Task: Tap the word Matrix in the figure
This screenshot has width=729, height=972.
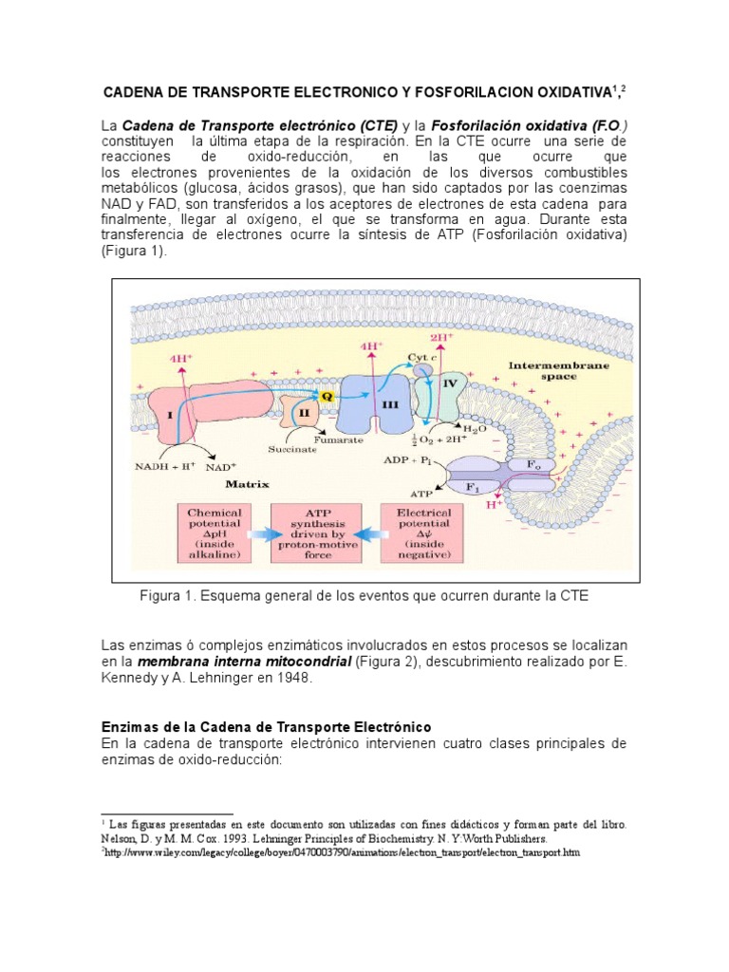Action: (x=247, y=484)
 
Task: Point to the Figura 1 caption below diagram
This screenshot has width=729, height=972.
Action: (x=364, y=595)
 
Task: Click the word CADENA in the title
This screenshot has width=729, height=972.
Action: (x=138, y=92)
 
